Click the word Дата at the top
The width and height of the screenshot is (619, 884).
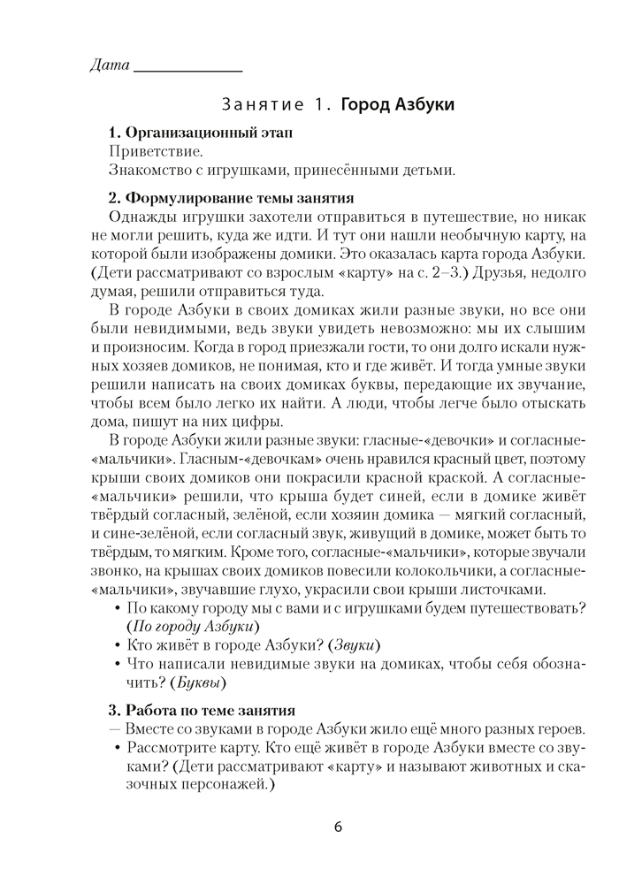[110, 65]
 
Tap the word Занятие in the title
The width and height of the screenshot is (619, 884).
[262, 105]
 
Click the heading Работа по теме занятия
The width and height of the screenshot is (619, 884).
[218, 710]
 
